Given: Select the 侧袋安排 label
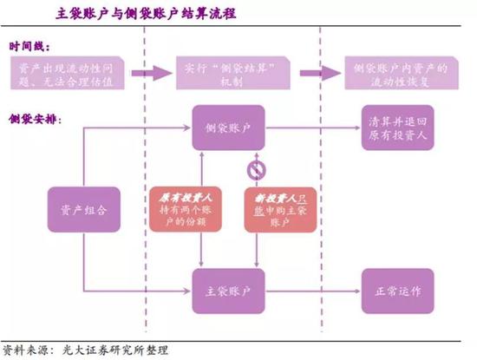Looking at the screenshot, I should coord(36,116).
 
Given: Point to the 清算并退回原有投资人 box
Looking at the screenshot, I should coord(395,128).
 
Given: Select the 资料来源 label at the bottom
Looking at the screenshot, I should coord(25,350).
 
